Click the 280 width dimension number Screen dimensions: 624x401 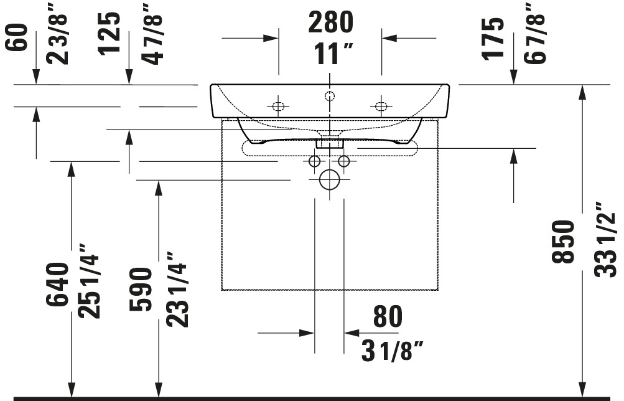point(331,22)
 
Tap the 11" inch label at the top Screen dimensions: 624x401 point(333,54)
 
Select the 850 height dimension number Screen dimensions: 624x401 point(563,242)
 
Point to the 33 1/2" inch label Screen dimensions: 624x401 point(605,239)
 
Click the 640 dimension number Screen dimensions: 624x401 point(57,285)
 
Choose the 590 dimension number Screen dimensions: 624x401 point(141,289)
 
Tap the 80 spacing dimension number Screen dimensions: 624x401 point(388,316)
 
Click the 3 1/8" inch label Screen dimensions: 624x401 point(392,351)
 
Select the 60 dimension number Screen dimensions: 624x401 point(17,37)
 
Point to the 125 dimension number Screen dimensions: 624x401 point(109,34)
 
